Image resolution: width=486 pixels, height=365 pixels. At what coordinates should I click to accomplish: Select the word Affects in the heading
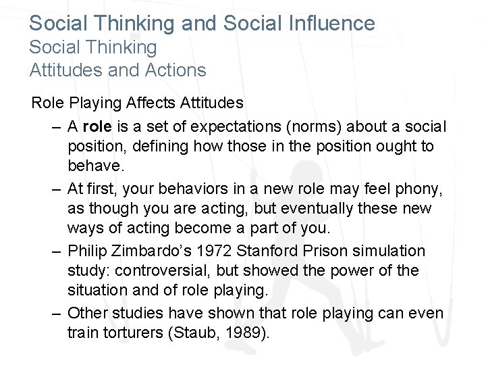coord(150,103)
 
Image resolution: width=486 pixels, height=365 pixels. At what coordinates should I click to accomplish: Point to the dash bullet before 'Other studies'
coord(56,314)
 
